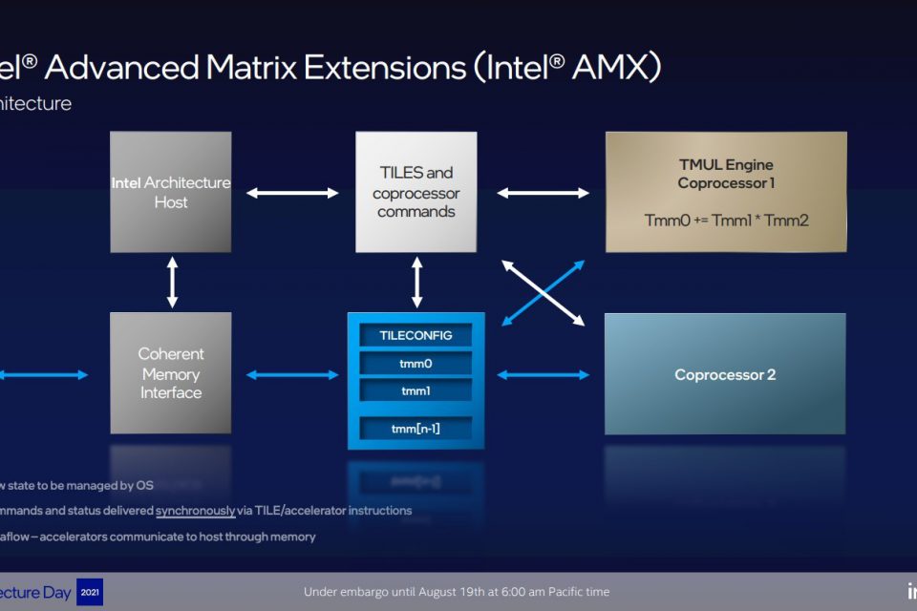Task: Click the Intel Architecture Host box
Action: tap(171, 192)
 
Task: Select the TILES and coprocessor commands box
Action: tap(416, 192)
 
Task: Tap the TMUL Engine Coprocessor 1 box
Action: tap(726, 191)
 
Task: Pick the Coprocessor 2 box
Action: tap(725, 374)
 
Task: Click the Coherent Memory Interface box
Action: tap(171, 373)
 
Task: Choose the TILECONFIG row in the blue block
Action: tap(416, 335)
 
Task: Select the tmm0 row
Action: tap(416, 363)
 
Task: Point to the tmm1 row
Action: tap(416, 390)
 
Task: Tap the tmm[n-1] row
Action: tap(416, 429)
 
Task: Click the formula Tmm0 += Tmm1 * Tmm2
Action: tap(726, 221)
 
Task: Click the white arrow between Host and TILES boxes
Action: tap(292, 193)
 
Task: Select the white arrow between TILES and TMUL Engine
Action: tap(543, 193)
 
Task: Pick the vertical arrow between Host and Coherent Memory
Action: tap(172, 282)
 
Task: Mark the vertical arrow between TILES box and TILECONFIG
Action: tap(416, 282)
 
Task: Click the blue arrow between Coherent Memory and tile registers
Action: tap(292, 375)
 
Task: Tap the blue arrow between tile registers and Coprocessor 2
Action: tap(543, 375)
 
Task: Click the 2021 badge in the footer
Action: tap(89, 592)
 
